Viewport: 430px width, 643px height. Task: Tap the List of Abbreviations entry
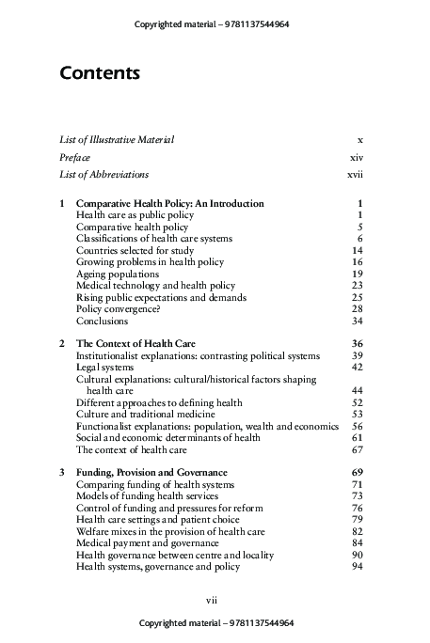tap(104, 174)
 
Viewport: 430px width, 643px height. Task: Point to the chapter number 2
tap(62, 344)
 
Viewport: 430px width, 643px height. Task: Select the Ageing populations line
tap(117, 274)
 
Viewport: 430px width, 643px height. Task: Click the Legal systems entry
tap(105, 368)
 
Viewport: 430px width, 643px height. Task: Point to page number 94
tap(358, 566)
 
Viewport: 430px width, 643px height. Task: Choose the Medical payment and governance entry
tap(147, 542)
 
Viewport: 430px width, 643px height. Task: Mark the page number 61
tap(358, 437)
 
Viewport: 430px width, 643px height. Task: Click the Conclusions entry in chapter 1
tap(102, 321)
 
